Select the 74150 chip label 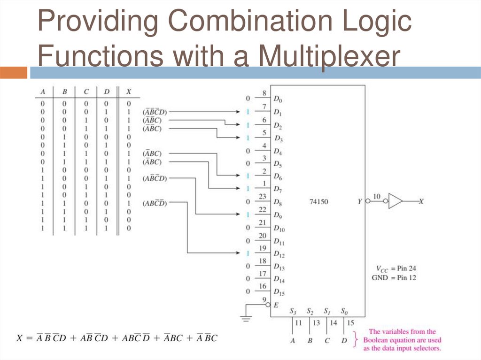pos(319,202)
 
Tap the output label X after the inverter pos(421,201)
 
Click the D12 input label pos(279,255)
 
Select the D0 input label pos(278,100)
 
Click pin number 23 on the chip pos(263,197)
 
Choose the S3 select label pos(293,311)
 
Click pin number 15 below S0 pos(350,322)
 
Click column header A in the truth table pos(43,91)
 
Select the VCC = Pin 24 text pos(396,268)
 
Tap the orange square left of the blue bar pos(14,73)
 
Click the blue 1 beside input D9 pos(248,214)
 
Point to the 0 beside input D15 pos(248,291)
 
